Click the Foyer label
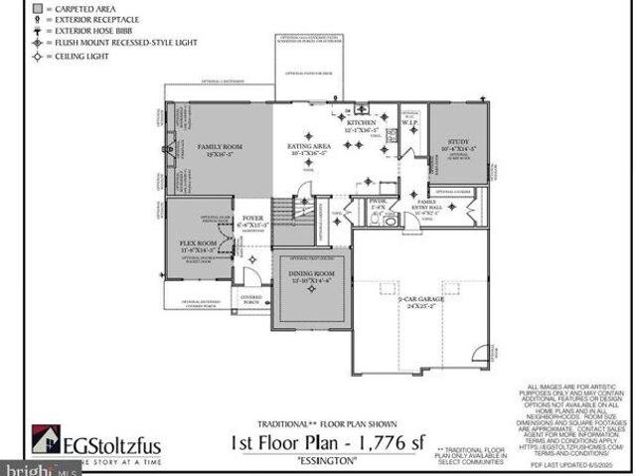(x=252, y=220)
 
